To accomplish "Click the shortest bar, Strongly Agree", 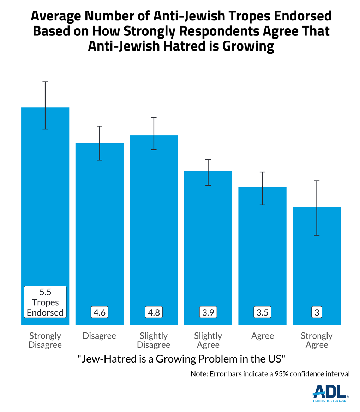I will (317, 265).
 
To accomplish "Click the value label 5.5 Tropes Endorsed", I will (45, 302).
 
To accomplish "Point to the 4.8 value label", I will (154, 312).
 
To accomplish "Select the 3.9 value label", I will (208, 312).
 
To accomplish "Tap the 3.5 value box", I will (262, 312).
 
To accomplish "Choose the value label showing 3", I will (317, 312).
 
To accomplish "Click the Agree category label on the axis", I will (262, 336).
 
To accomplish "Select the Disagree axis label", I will (100, 336).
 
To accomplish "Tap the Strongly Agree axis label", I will (317, 340).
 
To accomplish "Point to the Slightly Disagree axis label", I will (154, 340).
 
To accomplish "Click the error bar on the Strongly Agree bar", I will (317, 208).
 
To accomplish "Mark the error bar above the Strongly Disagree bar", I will (45, 105).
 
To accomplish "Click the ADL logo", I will (330, 393).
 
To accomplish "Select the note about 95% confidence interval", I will (270, 374).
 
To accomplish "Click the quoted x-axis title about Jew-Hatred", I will (181, 359).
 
